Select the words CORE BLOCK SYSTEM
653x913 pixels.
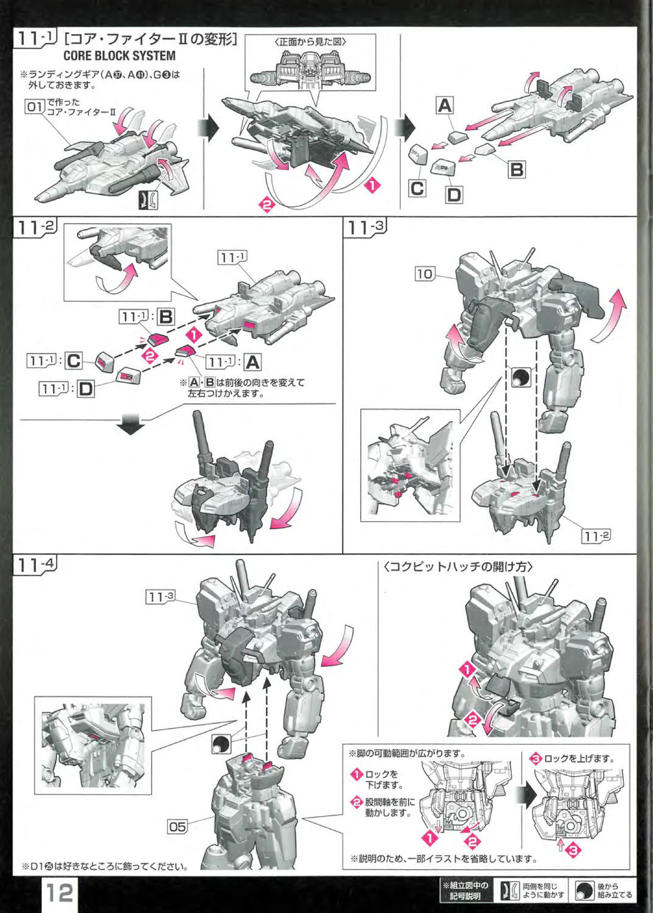pos(119,55)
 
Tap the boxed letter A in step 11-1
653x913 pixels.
pos(445,105)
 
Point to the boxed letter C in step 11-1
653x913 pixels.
pos(417,188)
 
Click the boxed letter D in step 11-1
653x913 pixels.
pos(453,194)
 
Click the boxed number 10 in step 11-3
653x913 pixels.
pos(425,273)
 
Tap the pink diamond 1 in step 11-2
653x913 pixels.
pos(194,335)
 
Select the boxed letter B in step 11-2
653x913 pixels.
pos(165,317)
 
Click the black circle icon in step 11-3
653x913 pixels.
pos(521,377)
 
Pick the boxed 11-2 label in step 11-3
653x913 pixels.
pos(596,536)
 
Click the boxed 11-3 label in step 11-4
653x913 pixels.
pos(161,598)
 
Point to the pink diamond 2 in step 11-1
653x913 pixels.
pos(267,205)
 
